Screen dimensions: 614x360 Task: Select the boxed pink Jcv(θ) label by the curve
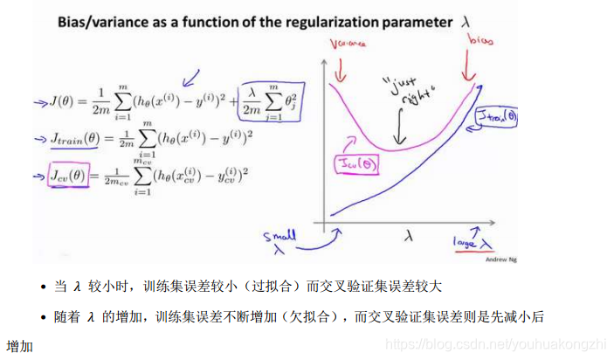[x=354, y=163]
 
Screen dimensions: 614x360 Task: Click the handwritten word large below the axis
[x=465, y=242]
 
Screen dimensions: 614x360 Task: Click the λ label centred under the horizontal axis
[x=409, y=234]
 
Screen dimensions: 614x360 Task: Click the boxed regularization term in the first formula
[x=264, y=102]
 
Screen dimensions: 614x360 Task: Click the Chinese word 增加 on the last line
[x=19, y=346]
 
